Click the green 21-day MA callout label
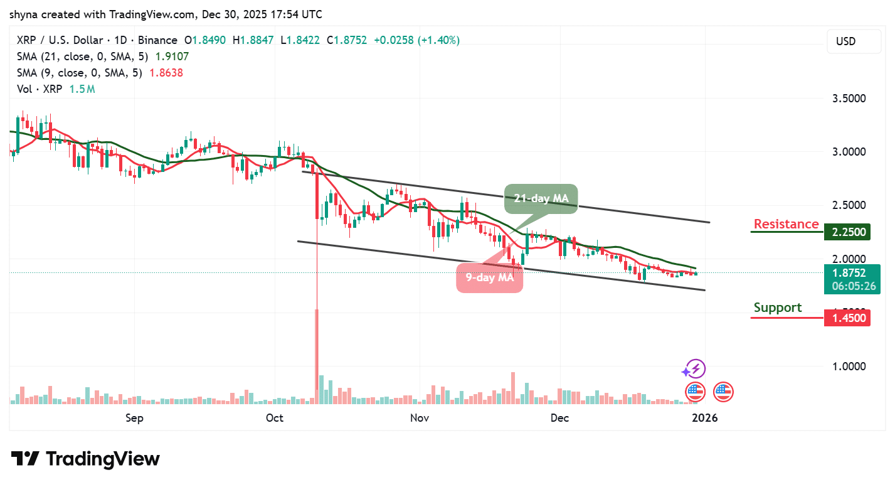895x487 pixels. click(x=541, y=199)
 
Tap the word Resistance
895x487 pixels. click(x=786, y=224)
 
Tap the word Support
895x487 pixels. click(x=777, y=308)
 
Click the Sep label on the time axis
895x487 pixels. click(x=134, y=418)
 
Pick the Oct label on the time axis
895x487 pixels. click(x=274, y=418)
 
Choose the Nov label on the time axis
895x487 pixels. click(x=419, y=418)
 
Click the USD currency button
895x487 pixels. click(x=845, y=41)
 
